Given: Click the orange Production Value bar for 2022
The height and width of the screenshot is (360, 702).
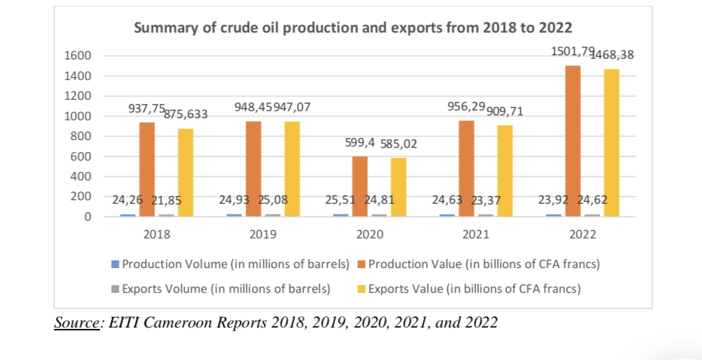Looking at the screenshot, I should (573, 141).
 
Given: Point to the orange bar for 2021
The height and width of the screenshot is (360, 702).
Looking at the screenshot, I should (466, 168).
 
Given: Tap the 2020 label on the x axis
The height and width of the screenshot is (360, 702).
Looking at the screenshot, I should (370, 234).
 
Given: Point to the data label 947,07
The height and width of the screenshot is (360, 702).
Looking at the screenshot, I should (291, 108).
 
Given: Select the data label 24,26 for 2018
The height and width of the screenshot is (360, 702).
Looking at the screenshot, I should (127, 200).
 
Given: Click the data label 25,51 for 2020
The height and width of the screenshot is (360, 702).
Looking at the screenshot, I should (340, 200).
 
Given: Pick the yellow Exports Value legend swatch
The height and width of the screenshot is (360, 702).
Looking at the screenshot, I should (362, 289).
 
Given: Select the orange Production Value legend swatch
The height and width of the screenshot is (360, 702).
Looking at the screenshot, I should (362, 265).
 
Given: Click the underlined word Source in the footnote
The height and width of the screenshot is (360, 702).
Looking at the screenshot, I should (77, 323).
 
